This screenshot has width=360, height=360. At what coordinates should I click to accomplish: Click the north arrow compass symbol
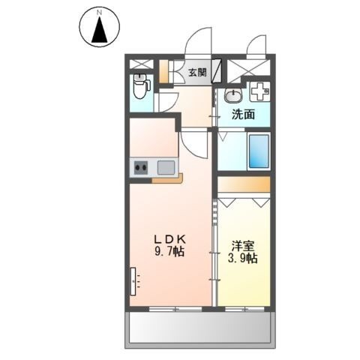[x=100, y=27]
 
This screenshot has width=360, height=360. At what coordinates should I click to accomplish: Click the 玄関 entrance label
[x=197, y=73]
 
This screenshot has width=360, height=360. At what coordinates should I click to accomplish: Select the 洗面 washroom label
[x=243, y=115]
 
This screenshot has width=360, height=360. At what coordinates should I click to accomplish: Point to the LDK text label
[x=169, y=240]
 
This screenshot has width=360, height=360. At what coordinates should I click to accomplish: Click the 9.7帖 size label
[x=169, y=252]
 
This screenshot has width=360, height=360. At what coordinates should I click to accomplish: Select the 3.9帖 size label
[x=243, y=258]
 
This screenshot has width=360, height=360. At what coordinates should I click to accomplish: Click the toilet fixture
[x=141, y=86]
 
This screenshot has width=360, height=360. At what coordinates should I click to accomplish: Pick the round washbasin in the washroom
[x=233, y=95]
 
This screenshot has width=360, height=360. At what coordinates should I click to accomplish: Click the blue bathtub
[x=259, y=151]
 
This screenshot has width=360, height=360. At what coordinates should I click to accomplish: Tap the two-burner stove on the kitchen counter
[x=141, y=167]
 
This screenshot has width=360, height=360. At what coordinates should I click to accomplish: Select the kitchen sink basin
[x=166, y=167]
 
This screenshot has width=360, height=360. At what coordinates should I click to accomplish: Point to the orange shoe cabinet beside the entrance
[x=164, y=72]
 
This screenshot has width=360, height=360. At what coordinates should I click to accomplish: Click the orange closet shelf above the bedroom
[x=244, y=184]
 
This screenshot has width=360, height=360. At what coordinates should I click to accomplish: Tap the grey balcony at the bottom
[x=199, y=327]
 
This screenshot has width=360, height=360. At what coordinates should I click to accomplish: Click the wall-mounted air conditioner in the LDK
[x=133, y=281]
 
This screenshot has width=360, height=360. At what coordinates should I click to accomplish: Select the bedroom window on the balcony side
[x=244, y=309]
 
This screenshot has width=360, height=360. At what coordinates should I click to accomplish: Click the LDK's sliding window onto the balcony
[x=175, y=309]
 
